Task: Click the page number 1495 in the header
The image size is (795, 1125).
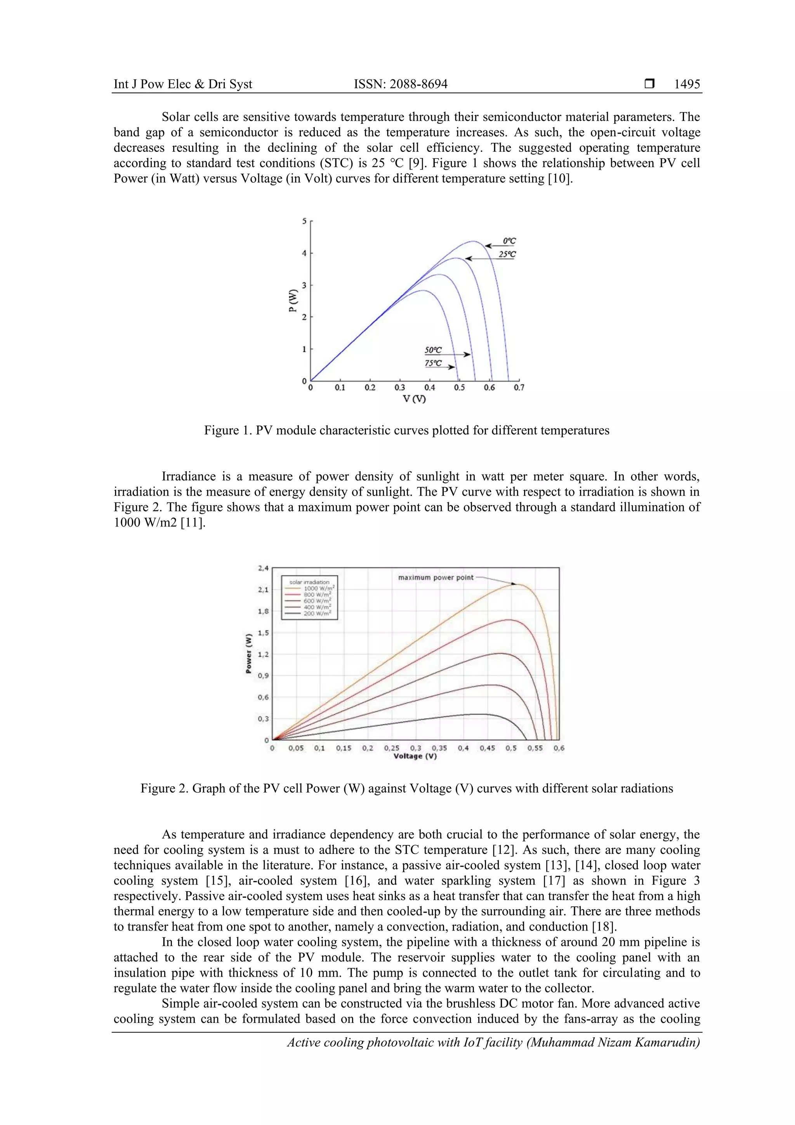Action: tap(687, 84)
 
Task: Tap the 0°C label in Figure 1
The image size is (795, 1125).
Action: tap(509, 241)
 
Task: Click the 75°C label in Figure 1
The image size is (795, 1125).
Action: tap(433, 363)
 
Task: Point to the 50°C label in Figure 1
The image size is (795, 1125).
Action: tap(433, 350)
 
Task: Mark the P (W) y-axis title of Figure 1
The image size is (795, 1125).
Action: tap(293, 301)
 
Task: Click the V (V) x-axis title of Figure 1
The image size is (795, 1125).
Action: tap(415, 399)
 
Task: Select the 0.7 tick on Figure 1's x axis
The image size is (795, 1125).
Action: tap(519, 388)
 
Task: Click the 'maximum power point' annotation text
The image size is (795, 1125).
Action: tap(436, 578)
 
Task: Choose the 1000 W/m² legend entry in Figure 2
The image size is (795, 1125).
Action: tap(319, 588)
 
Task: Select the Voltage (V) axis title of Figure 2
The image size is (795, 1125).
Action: tap(415, 756)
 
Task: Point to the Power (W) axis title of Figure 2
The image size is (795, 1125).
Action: tap(249, 654)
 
